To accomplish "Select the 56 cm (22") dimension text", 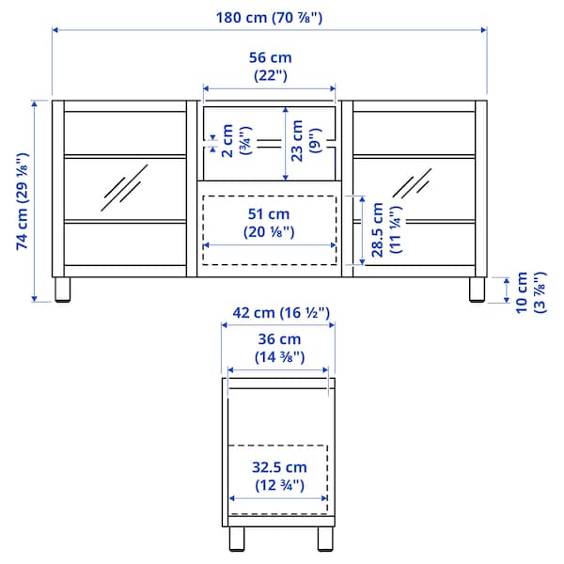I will [269, 67].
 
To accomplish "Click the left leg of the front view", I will [62, 290].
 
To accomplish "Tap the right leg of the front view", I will [477, 290].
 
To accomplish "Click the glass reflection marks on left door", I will [125, 186].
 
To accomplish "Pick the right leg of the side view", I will [323, 541].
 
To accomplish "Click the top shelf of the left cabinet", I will [124, 154].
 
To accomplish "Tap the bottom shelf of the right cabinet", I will [414, 221].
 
